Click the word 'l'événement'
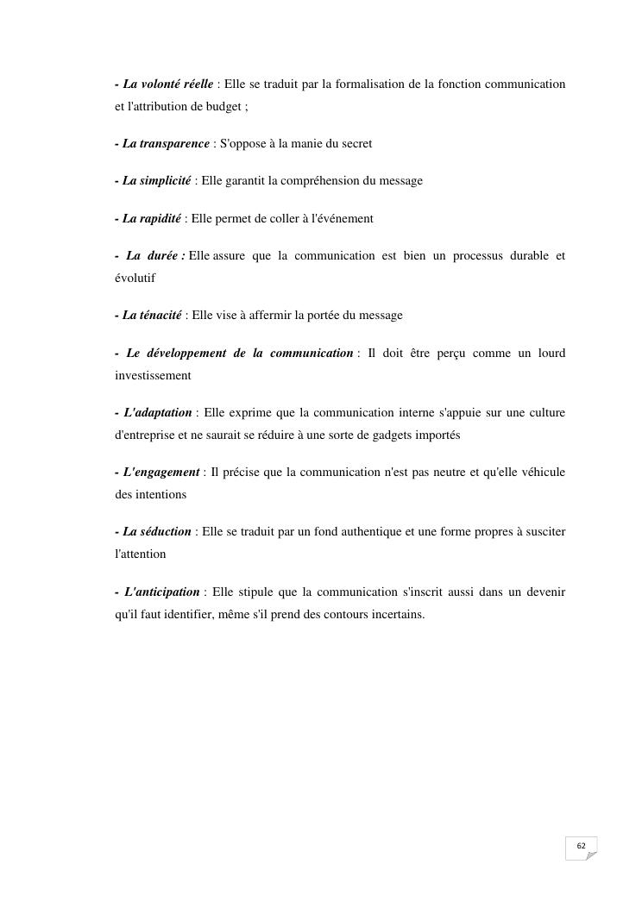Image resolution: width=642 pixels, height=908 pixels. pyautogui.click(x=342, y=219)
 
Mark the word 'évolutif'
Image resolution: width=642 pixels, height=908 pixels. pyautogui.click(x=135, y=279)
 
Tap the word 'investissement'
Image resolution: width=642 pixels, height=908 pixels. pyautogui.click(x=153, y=376)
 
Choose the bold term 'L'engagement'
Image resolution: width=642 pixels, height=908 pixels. pyautogui.click(x=161, y=473)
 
